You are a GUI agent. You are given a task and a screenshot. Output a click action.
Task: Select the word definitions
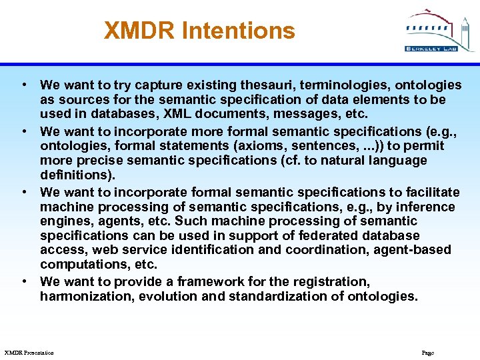(77, 175)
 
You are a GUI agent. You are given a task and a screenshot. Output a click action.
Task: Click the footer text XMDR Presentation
(29, 352)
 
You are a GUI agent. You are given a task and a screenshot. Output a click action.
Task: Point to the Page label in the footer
(428, 352)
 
